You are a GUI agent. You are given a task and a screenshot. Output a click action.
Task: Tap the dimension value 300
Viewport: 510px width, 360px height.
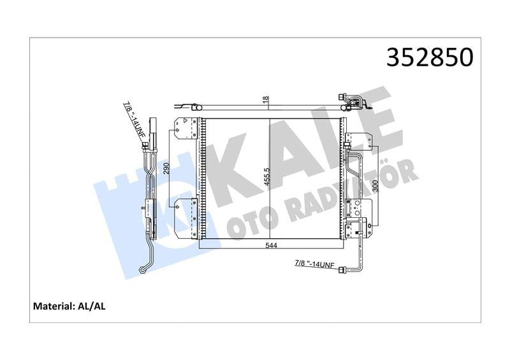pyautogui.click(x=375, y=185)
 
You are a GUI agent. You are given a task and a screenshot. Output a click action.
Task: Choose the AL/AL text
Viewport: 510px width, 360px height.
pyautogui.click(x=93, y=306)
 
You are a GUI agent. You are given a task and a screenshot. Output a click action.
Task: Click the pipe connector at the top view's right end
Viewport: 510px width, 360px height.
pyautogui.click(x=351, y=100)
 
